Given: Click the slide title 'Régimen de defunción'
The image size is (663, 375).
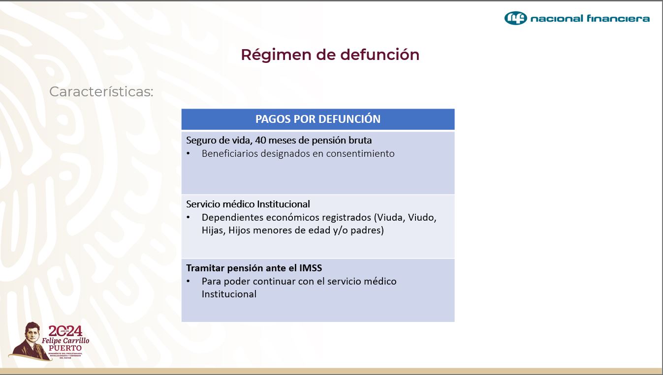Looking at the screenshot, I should pos(330,55).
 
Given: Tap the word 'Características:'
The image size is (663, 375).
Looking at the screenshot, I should pos(101,91).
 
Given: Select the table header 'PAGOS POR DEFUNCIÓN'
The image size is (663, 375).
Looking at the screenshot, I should pos(317,119).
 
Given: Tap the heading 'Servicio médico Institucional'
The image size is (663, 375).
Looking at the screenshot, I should pos(248,204).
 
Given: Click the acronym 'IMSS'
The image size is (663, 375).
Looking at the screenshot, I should pos(311,268).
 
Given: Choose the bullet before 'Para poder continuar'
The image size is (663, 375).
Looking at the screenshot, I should pos(188,282).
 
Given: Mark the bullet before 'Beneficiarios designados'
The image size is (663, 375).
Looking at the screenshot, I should pos(188,154).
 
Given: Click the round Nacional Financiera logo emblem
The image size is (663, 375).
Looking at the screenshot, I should pos(515,19).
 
